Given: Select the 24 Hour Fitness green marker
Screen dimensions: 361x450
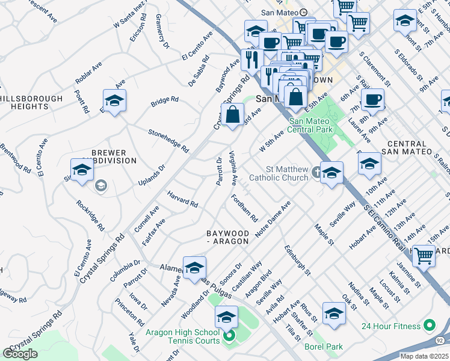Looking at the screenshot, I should (x=430, y=326).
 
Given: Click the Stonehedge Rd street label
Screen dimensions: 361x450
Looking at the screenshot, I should (x=168, y=140).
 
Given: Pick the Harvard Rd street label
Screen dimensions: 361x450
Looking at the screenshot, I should (x=182, y=200).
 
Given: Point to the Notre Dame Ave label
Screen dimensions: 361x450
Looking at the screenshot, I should (x=273, y=218).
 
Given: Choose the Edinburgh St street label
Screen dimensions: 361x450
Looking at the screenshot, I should (x=298, y=260).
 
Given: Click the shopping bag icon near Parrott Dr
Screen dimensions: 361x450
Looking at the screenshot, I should (x=232, y=113).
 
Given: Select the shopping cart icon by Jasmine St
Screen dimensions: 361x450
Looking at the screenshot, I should (x=425, y=256).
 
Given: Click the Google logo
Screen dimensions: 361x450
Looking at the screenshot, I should (x=20, y=354).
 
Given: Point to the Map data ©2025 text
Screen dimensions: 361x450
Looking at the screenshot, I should (x=424, y=356).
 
